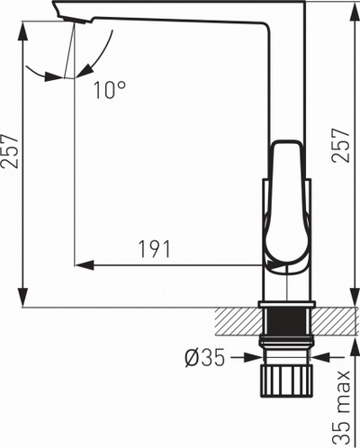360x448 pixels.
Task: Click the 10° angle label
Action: (x=110, y=90)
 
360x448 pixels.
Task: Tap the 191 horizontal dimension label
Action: (x=155, y=249)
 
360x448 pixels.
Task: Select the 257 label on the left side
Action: (x=10, y=151)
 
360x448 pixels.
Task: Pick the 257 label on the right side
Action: (x=340, y=146)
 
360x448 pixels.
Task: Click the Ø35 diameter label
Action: (x=205, y=358)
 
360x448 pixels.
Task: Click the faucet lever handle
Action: (x=287, y=207)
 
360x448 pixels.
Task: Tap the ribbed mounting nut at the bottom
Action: (x=286, y=381)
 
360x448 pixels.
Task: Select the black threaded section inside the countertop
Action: (x=287, y=321)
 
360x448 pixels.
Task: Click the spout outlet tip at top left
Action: (x=75, y=21)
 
